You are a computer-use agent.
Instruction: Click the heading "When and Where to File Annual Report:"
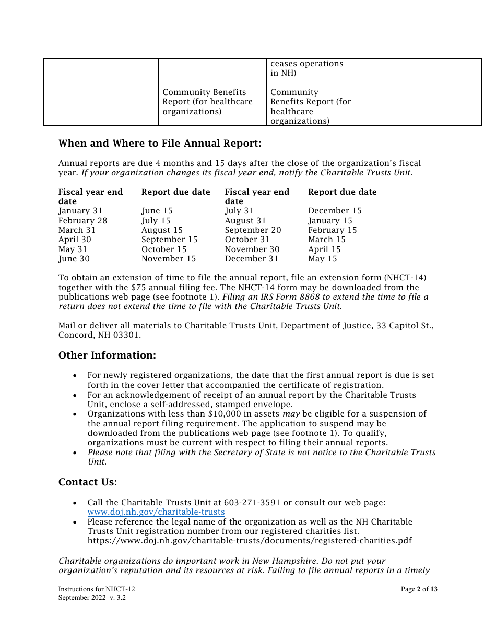(x=159, y=144)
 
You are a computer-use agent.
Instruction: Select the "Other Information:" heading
(x=107, y=355)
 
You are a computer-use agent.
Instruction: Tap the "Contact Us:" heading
(x=88, y=482)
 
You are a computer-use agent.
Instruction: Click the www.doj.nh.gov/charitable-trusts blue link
(x=156, y=512)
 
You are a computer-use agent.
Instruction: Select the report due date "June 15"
(x=157, y=211)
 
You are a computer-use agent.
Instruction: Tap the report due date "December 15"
(x=335, y=211)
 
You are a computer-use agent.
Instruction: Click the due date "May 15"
(x=323, y=259)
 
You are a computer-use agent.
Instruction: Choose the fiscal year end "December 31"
(x=252, y=259)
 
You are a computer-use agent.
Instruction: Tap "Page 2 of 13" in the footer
(x=419, y=589)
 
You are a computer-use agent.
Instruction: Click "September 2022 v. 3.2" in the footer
(x=92, y=598)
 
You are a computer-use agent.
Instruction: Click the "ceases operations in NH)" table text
(x=306, y=68)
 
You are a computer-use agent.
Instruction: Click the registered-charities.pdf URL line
(x=250, y=541)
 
